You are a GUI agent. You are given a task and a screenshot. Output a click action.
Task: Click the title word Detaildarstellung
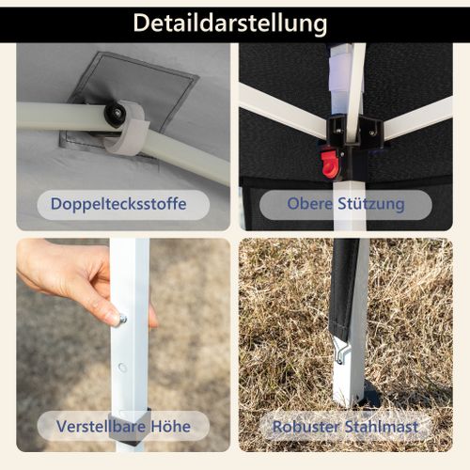(x=230, y=23)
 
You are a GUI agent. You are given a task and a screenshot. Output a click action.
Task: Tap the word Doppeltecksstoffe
(x=118, y=204)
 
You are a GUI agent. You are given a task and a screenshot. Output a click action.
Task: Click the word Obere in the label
(x=309, y=204)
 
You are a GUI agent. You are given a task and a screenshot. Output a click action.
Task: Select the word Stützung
(x=371, y=204)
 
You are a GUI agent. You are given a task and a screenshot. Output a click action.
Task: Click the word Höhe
(x=171, y=427)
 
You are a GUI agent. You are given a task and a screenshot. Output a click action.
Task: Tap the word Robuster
(x=305, y=427)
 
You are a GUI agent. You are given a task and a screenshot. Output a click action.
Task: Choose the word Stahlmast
(x=382, y=427)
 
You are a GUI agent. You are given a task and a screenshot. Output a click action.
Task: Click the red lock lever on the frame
(x=330, y=164)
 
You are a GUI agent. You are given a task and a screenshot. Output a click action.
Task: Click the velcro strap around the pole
(x=129, y=130)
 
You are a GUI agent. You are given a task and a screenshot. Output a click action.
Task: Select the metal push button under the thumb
(x=122, y=320)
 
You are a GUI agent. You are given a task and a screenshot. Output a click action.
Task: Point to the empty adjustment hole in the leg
(x=122, y=368)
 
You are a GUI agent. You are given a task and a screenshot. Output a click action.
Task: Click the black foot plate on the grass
(x=369, y=396)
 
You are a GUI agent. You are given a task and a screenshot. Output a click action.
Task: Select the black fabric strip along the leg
(x=343, y=290)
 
